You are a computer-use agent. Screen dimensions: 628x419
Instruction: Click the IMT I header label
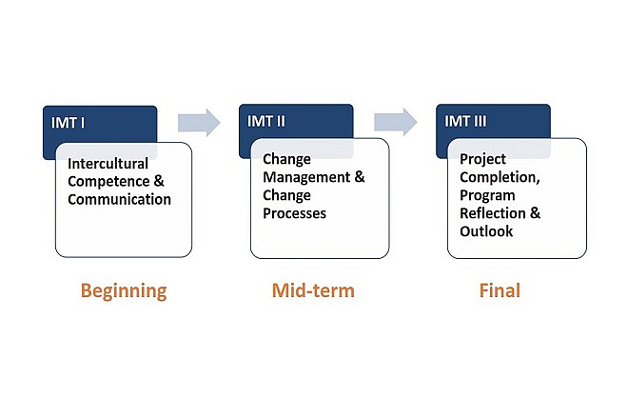click(x=69, y=123)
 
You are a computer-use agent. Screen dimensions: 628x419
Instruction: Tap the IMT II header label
click(x=266, y=121)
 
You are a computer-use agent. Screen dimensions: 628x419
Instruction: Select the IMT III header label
click(x=465, y=121)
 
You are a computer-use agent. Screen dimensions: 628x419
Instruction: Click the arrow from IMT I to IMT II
click(x=199, y=122)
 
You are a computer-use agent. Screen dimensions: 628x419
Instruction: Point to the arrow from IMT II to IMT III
click(x=396, y=122)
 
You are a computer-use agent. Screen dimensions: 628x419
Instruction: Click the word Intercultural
click(x=108, y=164)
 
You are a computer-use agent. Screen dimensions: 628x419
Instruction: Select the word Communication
click(x=119, y=199)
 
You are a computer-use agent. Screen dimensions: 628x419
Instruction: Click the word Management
click(x=306, y=177)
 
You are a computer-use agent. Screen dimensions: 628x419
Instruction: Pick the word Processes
click(x=294, y=213)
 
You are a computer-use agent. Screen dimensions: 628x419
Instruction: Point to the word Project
click(x=482, y=160)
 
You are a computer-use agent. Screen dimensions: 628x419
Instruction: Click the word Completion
click(x=500, y=178)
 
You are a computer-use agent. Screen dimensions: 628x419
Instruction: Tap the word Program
click(x=487, y=195)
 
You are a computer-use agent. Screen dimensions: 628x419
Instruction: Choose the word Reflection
click(x=493, y=213)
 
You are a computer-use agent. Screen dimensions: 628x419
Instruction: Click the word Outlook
click(x=486, y=231)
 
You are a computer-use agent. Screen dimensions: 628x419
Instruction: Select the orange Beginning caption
click(x=124, y=291)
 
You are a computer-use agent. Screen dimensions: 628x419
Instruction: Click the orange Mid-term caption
click(x=313, y=290)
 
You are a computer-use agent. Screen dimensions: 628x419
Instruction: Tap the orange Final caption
click(x=500, y=290)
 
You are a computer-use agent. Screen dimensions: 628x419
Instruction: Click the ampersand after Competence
click(x=159, y=181)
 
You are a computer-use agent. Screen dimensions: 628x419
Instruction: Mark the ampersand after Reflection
click(x=535, y=213)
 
